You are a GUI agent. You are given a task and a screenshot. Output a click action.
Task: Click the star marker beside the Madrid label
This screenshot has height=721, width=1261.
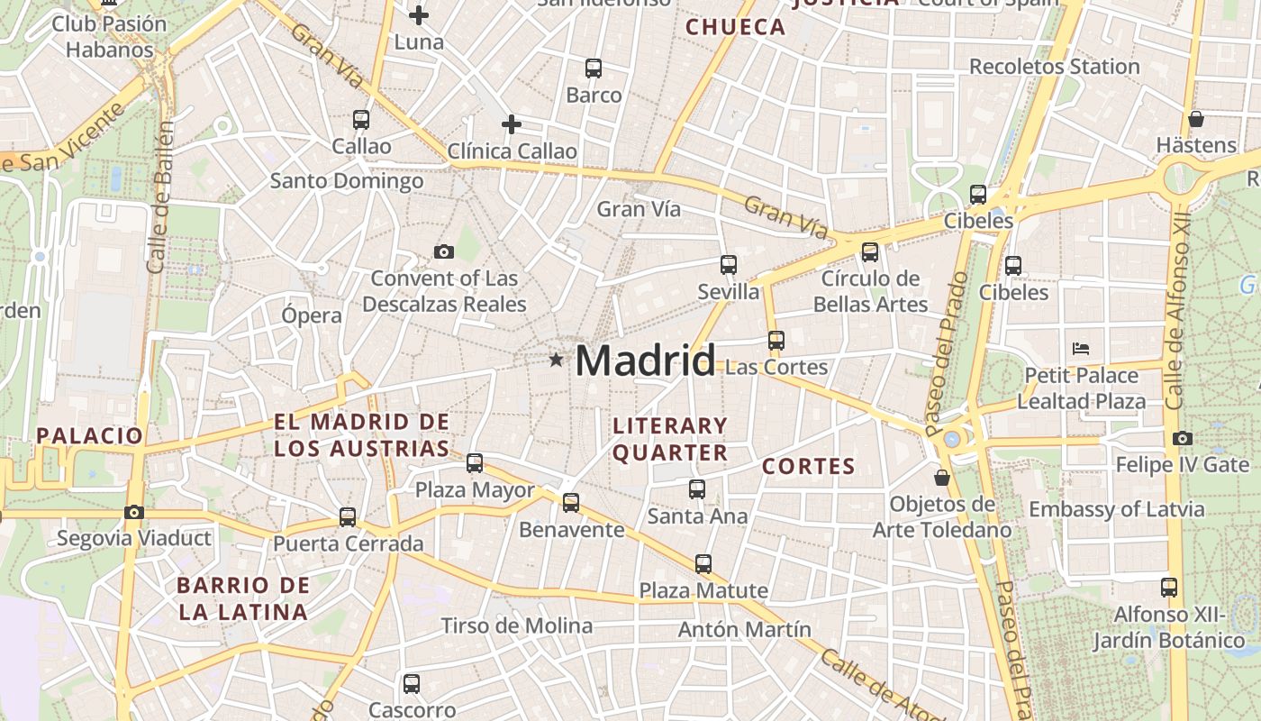pyautogui.click(x=556, y=360)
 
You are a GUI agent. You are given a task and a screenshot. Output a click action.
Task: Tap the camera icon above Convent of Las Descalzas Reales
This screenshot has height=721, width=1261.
pyautogui.click(x=443, y=251)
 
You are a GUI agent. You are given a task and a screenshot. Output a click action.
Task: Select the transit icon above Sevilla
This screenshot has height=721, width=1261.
pyautogui.click(x=729, y=265)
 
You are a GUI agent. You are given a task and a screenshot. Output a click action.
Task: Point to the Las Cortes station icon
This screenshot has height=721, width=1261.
pyautogui.click(x=776, y=341)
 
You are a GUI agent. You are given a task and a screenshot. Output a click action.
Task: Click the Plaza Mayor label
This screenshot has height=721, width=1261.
pyautogui.click(x=475, y=490)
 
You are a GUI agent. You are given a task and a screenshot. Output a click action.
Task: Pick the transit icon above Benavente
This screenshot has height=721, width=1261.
pyautogui.click(x=571, y=503)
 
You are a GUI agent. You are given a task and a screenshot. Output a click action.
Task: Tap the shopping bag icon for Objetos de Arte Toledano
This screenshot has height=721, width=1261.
pyautogui.click(x=942, y=477)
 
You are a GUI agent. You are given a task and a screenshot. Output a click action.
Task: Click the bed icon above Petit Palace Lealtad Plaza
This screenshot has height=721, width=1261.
pyautogui.click(x=1081, y=348)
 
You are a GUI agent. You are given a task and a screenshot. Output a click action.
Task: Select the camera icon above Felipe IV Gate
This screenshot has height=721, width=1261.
pyautogui.click(x=1183, y=439)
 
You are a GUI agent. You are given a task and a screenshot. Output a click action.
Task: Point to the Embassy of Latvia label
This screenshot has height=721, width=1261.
pyautogui.click(x=1116, y=509)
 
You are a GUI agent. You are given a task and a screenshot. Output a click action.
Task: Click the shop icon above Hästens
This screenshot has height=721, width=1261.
pyautogui.click(x=1196, y=119)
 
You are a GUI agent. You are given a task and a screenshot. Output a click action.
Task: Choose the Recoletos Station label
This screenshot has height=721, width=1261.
pyautogui.click(x=1054, y=67)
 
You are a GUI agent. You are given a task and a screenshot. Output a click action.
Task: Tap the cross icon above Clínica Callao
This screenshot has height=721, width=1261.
pyautogui.click(x=512, y=124)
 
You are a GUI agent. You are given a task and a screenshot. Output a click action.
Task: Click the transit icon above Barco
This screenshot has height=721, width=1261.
pyautogui.click(x=594, y=68)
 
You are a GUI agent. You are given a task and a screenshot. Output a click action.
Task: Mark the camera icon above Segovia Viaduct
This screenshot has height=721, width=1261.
pyautogui.click(x=134, y=512)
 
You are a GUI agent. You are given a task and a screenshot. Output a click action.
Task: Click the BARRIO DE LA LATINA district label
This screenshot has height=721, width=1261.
pyautogui.click(x=243, y=598)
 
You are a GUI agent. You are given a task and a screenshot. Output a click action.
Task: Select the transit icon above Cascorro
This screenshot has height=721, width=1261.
pyautogui.click(x=412, y=683)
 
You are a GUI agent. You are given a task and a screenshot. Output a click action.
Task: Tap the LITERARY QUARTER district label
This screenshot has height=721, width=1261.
pyautogui.click(x=669, y=439)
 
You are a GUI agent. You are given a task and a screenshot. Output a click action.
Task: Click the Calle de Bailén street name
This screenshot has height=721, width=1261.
pyautogui.click(x=161, y=198)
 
